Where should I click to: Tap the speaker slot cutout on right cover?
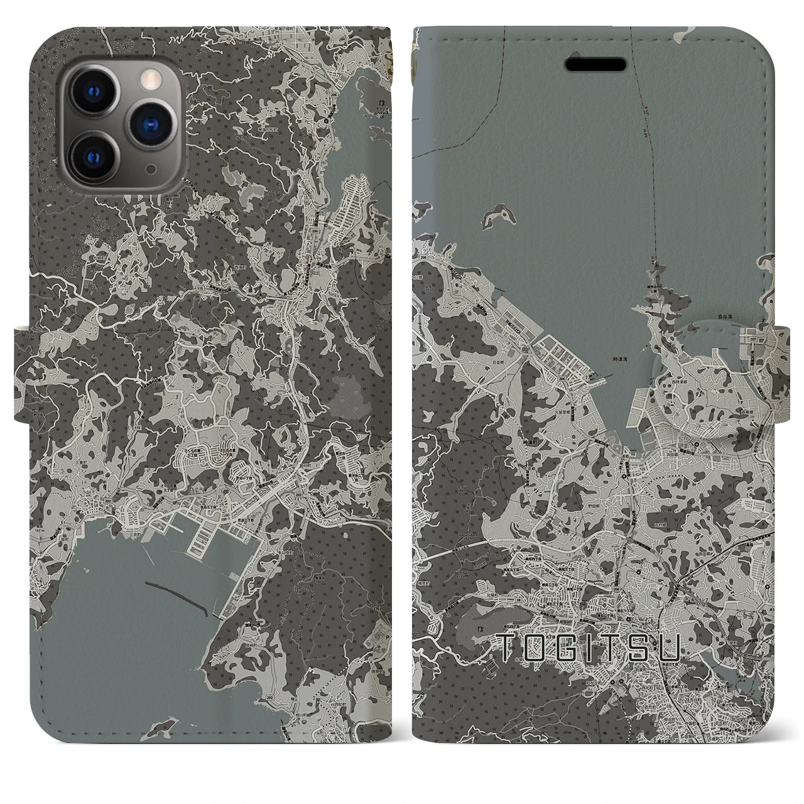tap(595, 64)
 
